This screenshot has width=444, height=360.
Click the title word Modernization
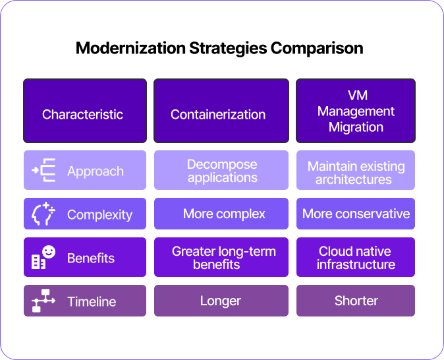(130, 48)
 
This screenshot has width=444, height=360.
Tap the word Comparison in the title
(317, 49)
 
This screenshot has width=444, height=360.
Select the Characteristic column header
(85, 111)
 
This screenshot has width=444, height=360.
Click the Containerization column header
(221, 111)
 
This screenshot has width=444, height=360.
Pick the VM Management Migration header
(356, 111)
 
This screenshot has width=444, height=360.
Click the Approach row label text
(96, 171)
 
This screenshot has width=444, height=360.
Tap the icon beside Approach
(43, 170)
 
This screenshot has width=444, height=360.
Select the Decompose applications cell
(221, 170)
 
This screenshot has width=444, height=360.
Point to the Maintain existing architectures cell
(356, 170)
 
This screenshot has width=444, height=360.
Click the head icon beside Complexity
(43, 214)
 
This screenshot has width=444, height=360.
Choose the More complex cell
(221, 214)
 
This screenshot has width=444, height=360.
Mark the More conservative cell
(356, 214)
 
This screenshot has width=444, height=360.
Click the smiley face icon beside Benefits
(49, 252)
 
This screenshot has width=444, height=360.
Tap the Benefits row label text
(91, 258)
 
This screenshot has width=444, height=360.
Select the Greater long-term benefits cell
(221, 257)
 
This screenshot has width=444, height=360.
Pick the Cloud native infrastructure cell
(356, 257)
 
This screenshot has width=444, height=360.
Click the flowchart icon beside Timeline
(43, 301)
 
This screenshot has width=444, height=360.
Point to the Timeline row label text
(92, 301)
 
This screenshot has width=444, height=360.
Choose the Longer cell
(221, 301)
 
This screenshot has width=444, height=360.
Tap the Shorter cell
(356, 301)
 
